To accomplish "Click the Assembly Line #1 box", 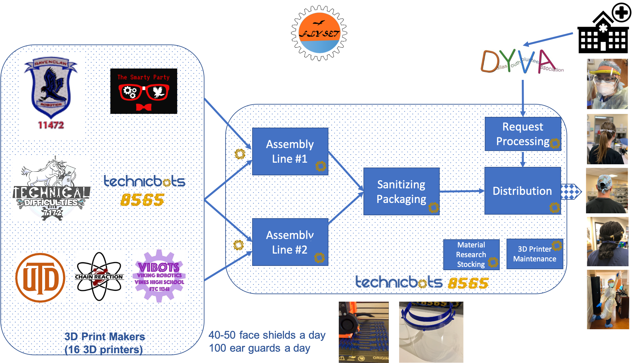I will pyautogui.click(x=290, y=152).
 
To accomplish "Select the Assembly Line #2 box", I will pyautogui.click(x=290, y=242).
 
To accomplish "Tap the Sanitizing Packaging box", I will pyautogui.click(x=401, y=192).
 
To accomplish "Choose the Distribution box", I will pyautogui.click(x=522, y=191).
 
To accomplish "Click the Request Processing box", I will pyautogui.click(x=522, y=134).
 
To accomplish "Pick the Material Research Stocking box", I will pyautogui.click(x=471, y=255).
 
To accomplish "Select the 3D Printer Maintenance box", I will pyautogui.click(x=534, y=254).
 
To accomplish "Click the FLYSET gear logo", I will pyautogui.click(x=319, y=33).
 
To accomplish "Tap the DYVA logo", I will pyautogui.click(x=522, y=62).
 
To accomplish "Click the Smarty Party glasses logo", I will pyautogui.click(x=144, y=91).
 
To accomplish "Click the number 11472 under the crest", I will pyautogui.click(x=51, y=125).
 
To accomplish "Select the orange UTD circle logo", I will pyautogui.click(x=40, y=278).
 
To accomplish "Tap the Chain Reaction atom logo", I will pyautogui.click(x=99, y=277).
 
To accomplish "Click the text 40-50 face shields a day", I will pyautogui.click(x=267, y=335).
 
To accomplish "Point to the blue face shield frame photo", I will pyautogui.click(x=431, y=332).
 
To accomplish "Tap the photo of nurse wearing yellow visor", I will pyautogui.click(x=607, y=84).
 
